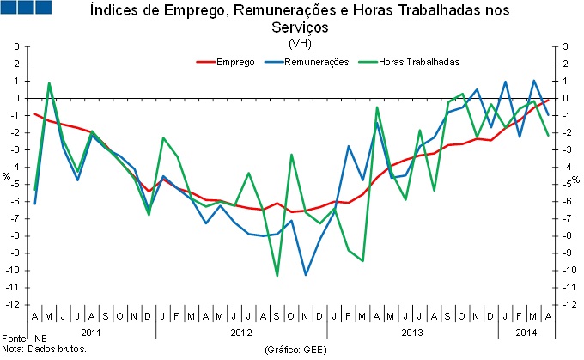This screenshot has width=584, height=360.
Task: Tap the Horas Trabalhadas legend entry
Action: [x=421, y=62]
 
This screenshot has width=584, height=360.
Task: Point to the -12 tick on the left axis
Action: [x=15, y=304]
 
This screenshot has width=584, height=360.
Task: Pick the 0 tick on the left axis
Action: [x=16, y=98]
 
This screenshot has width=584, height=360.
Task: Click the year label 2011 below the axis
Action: [x=91, y=331]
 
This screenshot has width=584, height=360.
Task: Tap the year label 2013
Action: [x=412, y=331]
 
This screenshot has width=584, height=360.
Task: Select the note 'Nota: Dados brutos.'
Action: [x=45, y=350]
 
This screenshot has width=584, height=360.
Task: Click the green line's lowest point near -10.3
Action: [x=277, y=275]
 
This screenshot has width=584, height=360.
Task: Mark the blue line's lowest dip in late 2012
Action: [x=306, y=274]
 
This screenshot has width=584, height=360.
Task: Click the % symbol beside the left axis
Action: [x=6, y=179]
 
